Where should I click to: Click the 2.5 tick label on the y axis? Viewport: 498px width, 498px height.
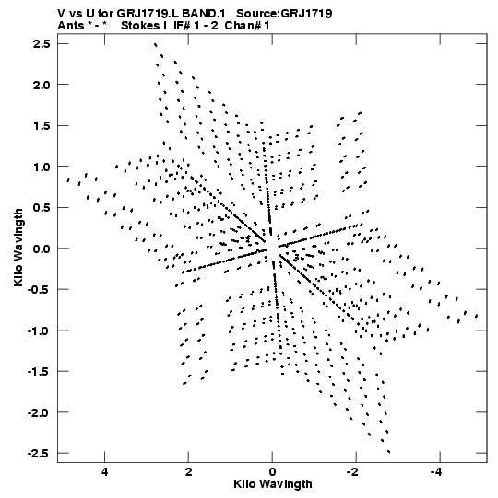tap(41, 43)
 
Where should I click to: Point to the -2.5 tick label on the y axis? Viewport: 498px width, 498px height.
tap(39, 453)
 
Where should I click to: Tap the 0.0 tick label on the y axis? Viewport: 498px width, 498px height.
tap(41, 249)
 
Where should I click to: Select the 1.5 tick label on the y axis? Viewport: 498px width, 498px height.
tap(41, 125)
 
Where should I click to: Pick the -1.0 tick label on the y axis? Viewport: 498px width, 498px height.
tap(39, 330)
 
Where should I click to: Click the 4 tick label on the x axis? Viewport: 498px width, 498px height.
tap(105, 472)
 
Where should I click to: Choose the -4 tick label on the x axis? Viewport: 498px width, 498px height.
tap(436, 472)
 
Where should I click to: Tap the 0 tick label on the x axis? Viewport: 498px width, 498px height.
tap(272, 472)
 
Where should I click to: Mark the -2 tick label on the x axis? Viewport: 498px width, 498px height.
tap(352, 472)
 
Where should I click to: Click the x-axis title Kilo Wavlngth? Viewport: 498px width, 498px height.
tap(273, 484)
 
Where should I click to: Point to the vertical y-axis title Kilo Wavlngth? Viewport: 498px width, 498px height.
tap(18, 248)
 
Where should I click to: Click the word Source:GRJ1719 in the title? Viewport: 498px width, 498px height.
tap(284, 14)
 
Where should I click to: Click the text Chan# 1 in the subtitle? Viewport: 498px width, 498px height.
tap(247, 26)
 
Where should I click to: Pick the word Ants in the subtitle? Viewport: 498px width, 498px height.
tap(71, 26)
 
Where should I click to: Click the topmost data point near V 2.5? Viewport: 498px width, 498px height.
tap(155, 45)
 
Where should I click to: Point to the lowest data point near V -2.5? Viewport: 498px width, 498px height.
tap(389, 452)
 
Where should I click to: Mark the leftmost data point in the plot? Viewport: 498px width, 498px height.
tap(68, 180)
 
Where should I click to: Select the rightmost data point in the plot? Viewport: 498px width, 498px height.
tap(477, 316)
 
